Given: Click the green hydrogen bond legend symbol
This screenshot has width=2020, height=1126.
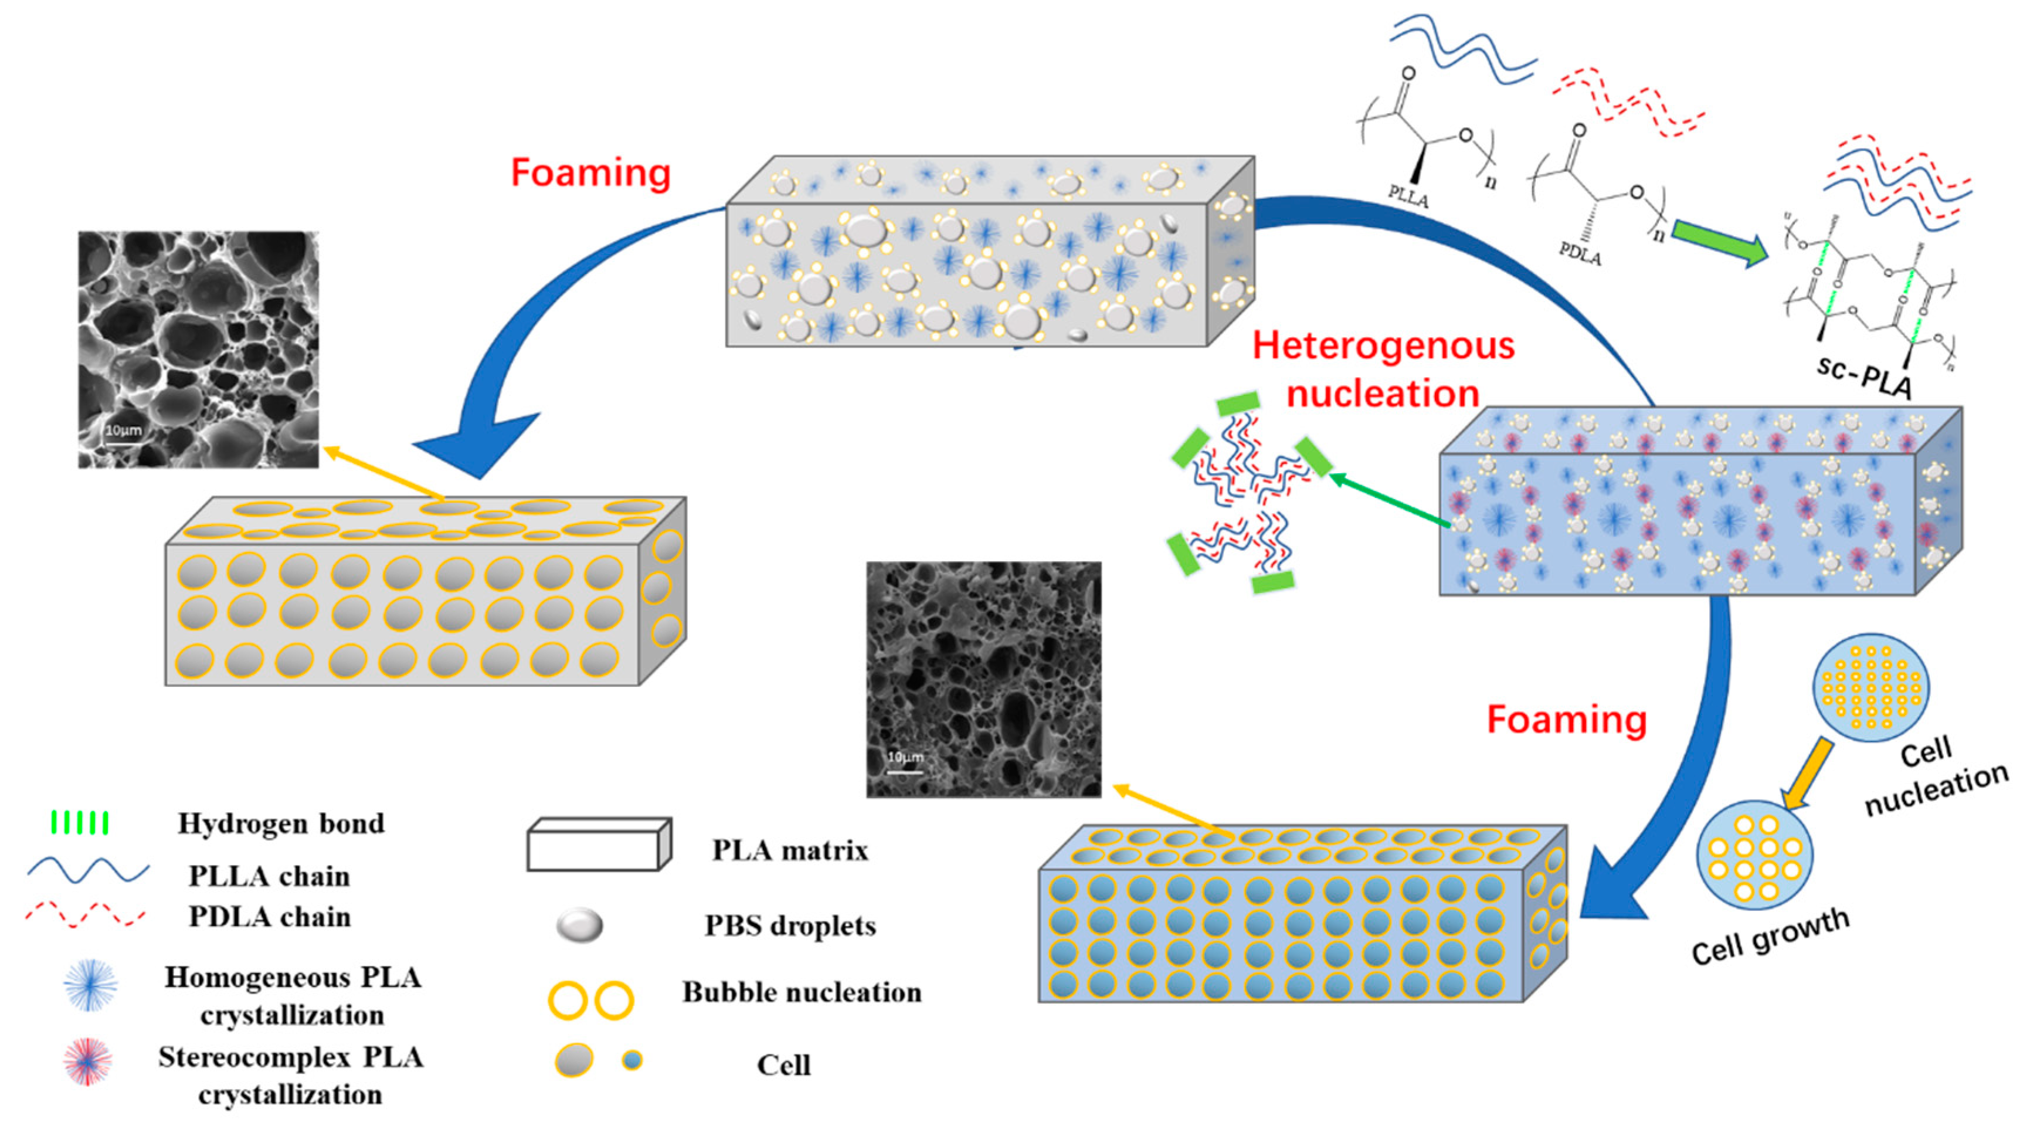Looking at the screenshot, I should pos(79,823).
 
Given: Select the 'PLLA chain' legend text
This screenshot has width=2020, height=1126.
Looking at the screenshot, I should pos(269,876).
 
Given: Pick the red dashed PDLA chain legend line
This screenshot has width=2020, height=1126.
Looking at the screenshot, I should pos(84,915).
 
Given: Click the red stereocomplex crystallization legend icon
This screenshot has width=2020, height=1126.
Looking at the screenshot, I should pos(88,1061).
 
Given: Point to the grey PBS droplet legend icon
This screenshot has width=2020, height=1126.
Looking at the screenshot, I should pos(579,925).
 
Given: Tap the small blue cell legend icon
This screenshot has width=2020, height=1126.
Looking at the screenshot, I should pos(632,1060).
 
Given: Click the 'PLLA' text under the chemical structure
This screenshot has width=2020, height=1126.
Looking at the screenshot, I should pos(1408,196).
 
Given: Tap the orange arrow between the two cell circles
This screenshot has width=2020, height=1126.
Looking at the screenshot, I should pos(1808,772).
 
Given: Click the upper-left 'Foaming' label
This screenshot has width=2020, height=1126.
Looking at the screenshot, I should pos(590,172).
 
